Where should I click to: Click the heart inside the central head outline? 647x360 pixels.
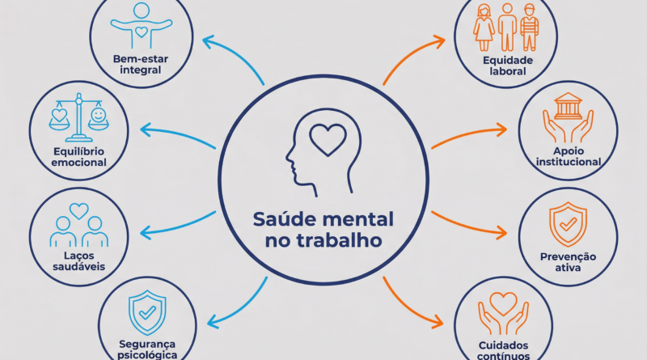(328, 140)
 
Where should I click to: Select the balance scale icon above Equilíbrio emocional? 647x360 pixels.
(78, 117)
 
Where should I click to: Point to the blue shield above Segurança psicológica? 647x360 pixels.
(147, 312)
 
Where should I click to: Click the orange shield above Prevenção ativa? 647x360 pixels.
(568, 225)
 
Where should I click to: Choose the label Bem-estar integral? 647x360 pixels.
(141, 65)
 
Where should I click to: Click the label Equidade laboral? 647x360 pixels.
(508, 66)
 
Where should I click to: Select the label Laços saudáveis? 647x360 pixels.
(78, 261)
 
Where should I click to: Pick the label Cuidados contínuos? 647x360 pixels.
(503, 350)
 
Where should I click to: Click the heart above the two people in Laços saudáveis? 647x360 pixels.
(78, 211)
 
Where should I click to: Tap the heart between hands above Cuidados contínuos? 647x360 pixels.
(503, 303)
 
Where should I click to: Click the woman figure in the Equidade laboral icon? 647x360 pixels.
(484, 28)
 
